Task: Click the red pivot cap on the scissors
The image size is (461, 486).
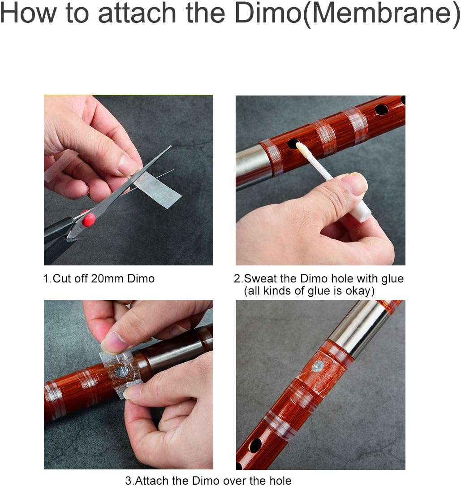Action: tap(89, 219)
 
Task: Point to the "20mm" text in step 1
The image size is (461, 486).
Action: tap(108, 278)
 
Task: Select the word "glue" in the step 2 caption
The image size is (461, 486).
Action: tap(392, 279)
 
